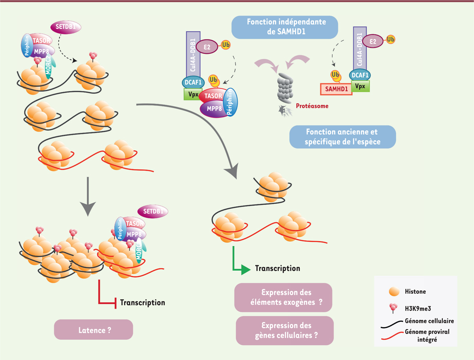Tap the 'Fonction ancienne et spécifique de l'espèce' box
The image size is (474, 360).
[342, 137]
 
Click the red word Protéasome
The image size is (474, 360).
[312, 106]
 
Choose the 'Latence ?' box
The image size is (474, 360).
[93, 329]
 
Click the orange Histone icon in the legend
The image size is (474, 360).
[393, 292]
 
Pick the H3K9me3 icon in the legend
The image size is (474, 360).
[393, 308]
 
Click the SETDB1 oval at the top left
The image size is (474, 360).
[66, 27]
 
